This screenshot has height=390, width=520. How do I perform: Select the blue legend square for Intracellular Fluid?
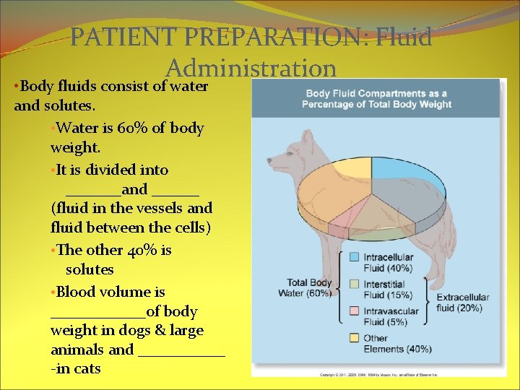pos(354,256)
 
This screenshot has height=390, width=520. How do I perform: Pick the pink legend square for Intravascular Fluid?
pos(354,311)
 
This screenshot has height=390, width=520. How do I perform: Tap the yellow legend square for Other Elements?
pos(354,337)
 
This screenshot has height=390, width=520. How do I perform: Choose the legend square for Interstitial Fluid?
pos(354,284)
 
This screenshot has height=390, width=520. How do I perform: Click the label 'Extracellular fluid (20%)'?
pos(462,303)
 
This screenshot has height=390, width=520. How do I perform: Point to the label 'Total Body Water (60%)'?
pos(309,287)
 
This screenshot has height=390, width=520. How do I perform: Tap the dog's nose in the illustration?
pos(269,159)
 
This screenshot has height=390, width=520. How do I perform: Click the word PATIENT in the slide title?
pos(118,37)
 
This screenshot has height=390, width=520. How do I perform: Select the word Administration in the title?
pos(251,68)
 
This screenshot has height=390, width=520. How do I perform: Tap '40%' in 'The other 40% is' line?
pos(139,251)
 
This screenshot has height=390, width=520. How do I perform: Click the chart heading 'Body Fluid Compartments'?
pos(376,93)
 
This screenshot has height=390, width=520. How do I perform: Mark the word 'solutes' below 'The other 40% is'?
pos(90,269)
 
